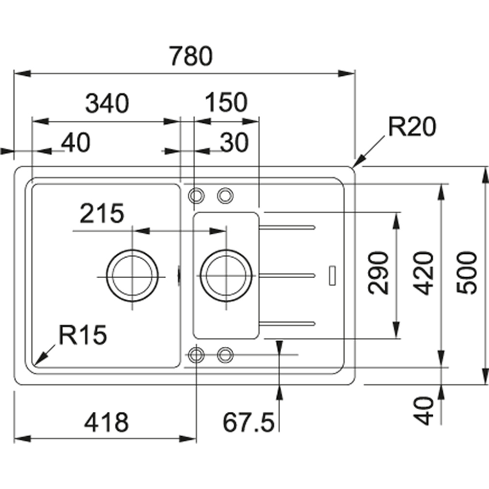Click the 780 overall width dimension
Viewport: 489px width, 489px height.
pos(191,56)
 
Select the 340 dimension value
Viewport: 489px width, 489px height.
pos(107,103)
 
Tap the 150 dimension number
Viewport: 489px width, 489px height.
pos(226,103)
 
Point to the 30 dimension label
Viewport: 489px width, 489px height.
pos(234,142)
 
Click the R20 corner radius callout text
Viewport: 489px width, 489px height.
pos(411,128)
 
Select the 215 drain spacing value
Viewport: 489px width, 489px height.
pos(102,214)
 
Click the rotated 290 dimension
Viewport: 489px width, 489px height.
pos(378,273)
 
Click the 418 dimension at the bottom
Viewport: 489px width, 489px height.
pos(107,422)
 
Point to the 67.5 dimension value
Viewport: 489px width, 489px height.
pos(248,422)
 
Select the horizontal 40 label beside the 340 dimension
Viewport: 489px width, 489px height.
pos(76,142)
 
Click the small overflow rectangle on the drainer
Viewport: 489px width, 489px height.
pos(333,275)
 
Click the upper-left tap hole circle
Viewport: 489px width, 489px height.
pos(197,196)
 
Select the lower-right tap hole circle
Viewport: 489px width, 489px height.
pos(225,355)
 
